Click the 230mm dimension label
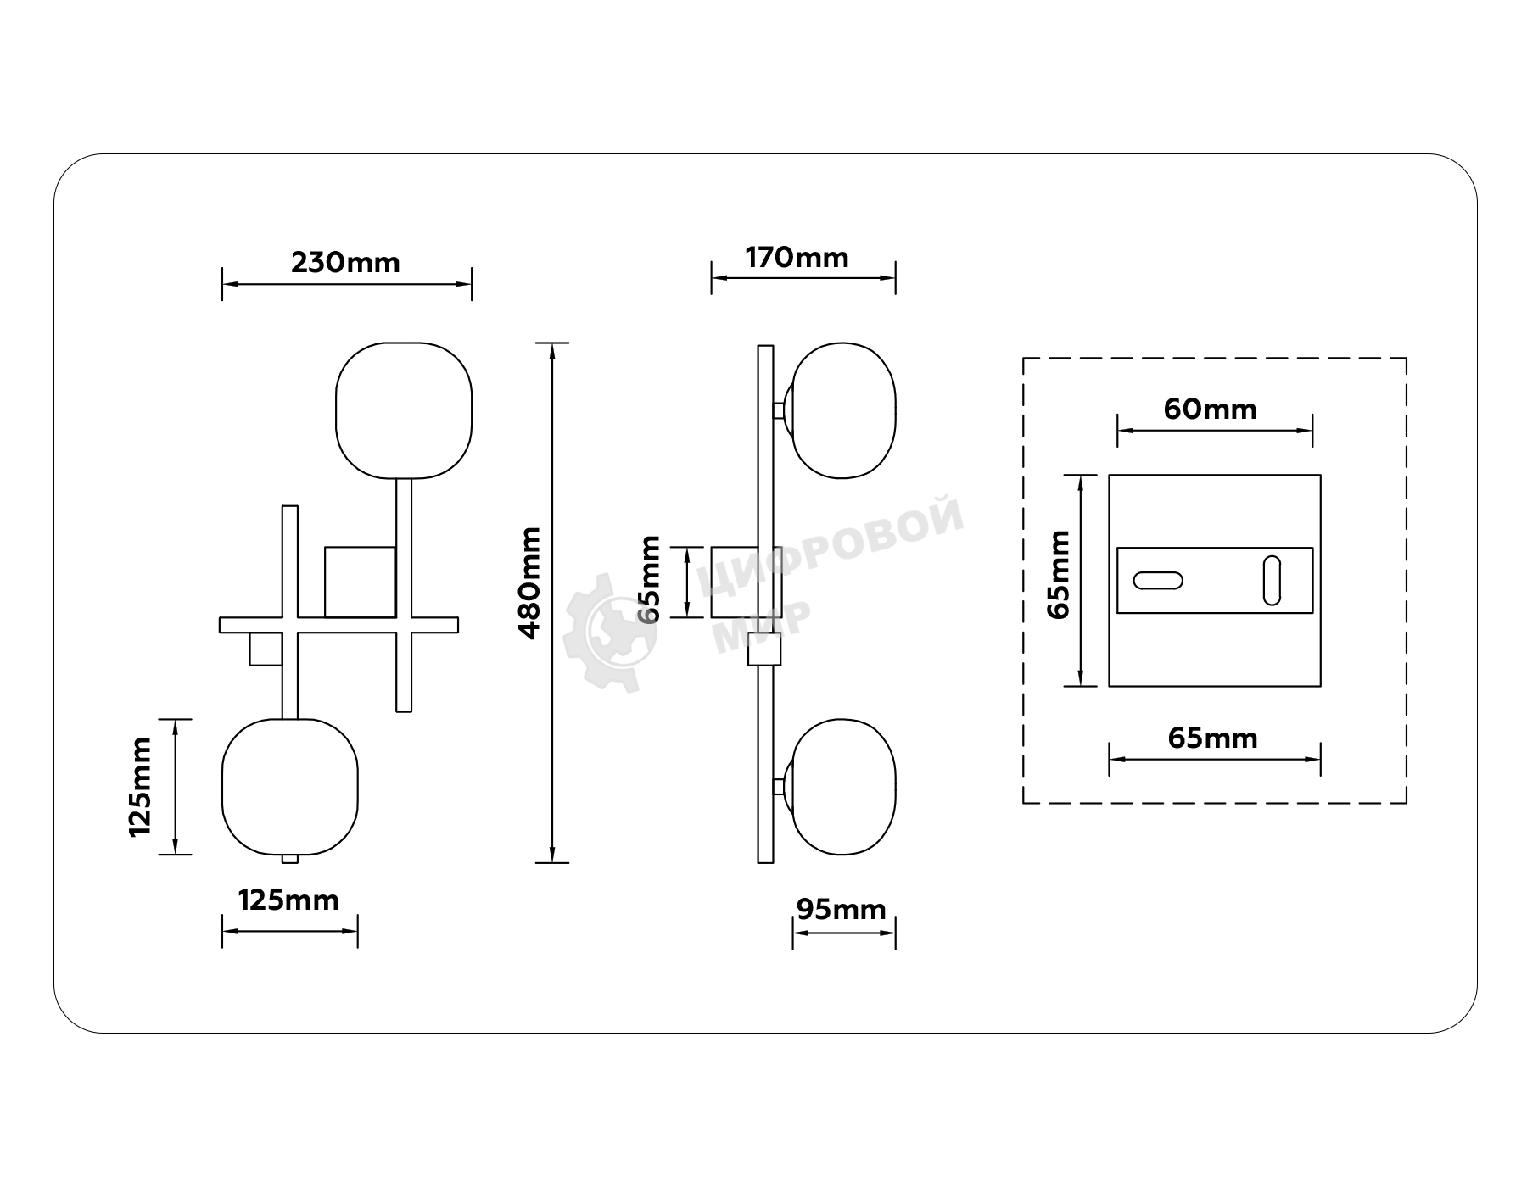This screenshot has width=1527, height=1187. tap(345, 263)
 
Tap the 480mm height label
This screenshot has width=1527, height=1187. tap(529, 582)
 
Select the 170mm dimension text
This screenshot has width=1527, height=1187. tap(797, 258)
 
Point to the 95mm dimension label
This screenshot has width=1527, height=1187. tap(842, 910)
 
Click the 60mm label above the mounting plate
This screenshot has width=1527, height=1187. tap(1210, 410)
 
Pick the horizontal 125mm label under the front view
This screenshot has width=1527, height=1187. tap(288, 900)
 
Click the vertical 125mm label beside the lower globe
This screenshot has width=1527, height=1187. tap(140, 787)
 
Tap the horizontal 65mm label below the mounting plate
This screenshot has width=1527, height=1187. tap(1213, 738)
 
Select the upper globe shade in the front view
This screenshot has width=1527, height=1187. tap(404, 410)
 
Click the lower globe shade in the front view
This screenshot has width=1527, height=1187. tap(290, 787)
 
